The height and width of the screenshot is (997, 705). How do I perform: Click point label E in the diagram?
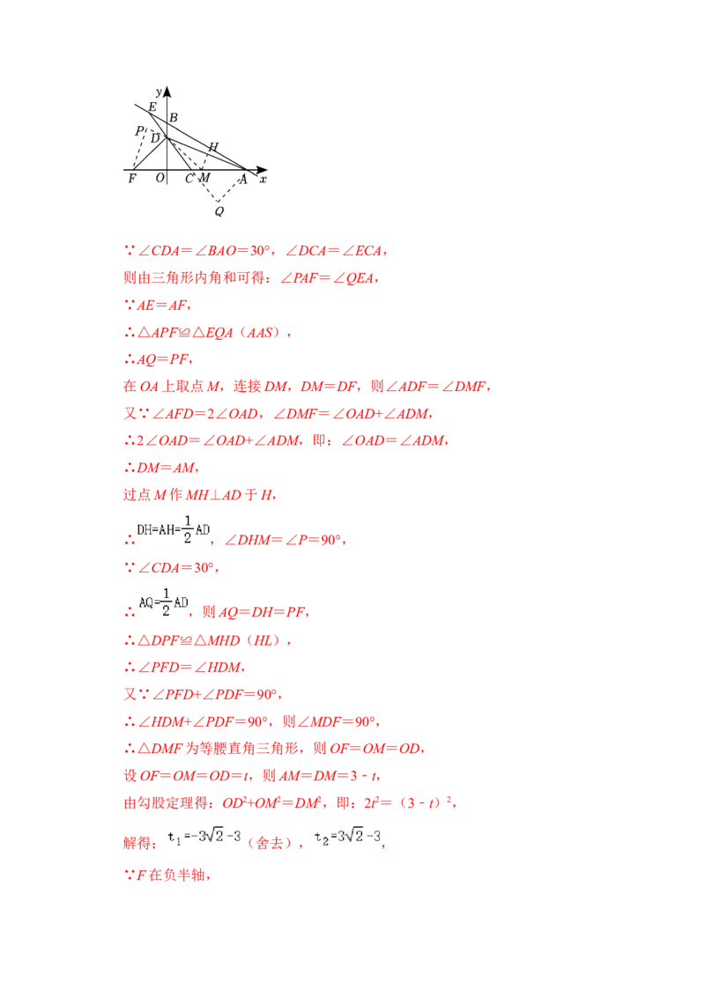(x=152, y=107)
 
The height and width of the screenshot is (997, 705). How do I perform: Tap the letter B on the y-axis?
(x=174, y=117)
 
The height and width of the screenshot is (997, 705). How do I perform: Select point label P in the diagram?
(x=138, y=131)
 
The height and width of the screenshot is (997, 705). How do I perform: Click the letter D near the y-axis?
(x=156, y=138)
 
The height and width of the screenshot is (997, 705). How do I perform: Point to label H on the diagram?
(x=212, y=146)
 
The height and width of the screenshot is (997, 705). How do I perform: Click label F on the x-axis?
(x=132, y=179)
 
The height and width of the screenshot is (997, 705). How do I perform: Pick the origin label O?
(x=160, y=179)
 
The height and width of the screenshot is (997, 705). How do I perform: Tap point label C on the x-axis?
(x=189, y=179)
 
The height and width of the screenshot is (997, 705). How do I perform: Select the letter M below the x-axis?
(x=204, y=179)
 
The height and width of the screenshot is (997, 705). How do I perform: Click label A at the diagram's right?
(x=243, y=179)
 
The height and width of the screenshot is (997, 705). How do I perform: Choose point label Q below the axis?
(x=219, y=210)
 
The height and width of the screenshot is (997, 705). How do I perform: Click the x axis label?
(x=263, y=179)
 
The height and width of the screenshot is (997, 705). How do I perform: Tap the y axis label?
(x=158, y=92)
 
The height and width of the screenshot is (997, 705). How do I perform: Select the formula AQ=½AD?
(x=162, y=602)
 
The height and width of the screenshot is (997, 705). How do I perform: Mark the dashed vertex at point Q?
(x=218, y=202)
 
